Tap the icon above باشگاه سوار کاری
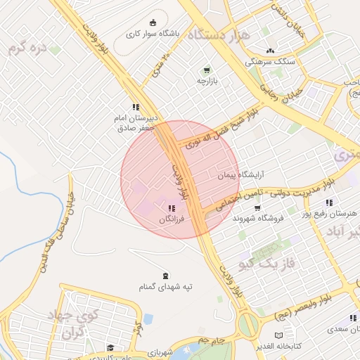(x=153, y=22)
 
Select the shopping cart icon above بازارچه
(x=206, y=70)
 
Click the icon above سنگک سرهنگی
(x=270, y=51)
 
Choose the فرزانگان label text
(x=172, y=219)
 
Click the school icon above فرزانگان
(x=172, y=209)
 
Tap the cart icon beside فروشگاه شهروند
(x=257, y=207)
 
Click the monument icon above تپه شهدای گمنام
(x=165, y=275)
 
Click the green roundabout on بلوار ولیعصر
(x=247, y=325)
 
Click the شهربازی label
(x=166, y=351)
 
